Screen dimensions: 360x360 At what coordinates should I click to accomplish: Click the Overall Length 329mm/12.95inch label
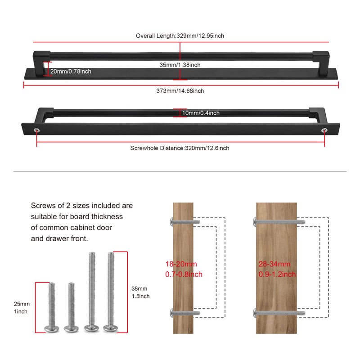(180, 36)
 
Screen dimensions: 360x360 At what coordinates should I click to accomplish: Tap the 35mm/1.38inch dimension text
(180, 65)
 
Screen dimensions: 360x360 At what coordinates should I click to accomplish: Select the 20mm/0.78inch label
(71, 72)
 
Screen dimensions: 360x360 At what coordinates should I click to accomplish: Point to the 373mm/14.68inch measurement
(180, 91)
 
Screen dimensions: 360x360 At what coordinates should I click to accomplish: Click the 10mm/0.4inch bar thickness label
(201, 113)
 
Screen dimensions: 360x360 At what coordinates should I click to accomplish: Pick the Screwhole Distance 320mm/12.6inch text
(180, 148)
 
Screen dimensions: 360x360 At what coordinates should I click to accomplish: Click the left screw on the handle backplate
(37, 130)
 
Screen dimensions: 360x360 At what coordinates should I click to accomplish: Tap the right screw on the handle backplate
(324, 130)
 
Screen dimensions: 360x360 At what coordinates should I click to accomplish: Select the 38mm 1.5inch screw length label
(140, 292)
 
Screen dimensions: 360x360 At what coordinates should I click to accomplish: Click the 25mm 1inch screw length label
(22, 308)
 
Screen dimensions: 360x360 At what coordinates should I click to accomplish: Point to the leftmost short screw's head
(52, 329)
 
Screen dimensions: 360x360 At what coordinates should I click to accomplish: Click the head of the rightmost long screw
(111, 328)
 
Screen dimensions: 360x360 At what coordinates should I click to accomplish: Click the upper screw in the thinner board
(185, 222)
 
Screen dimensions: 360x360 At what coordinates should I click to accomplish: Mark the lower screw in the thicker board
(279, 313)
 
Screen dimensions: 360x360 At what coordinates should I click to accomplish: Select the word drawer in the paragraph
(58, 238)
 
